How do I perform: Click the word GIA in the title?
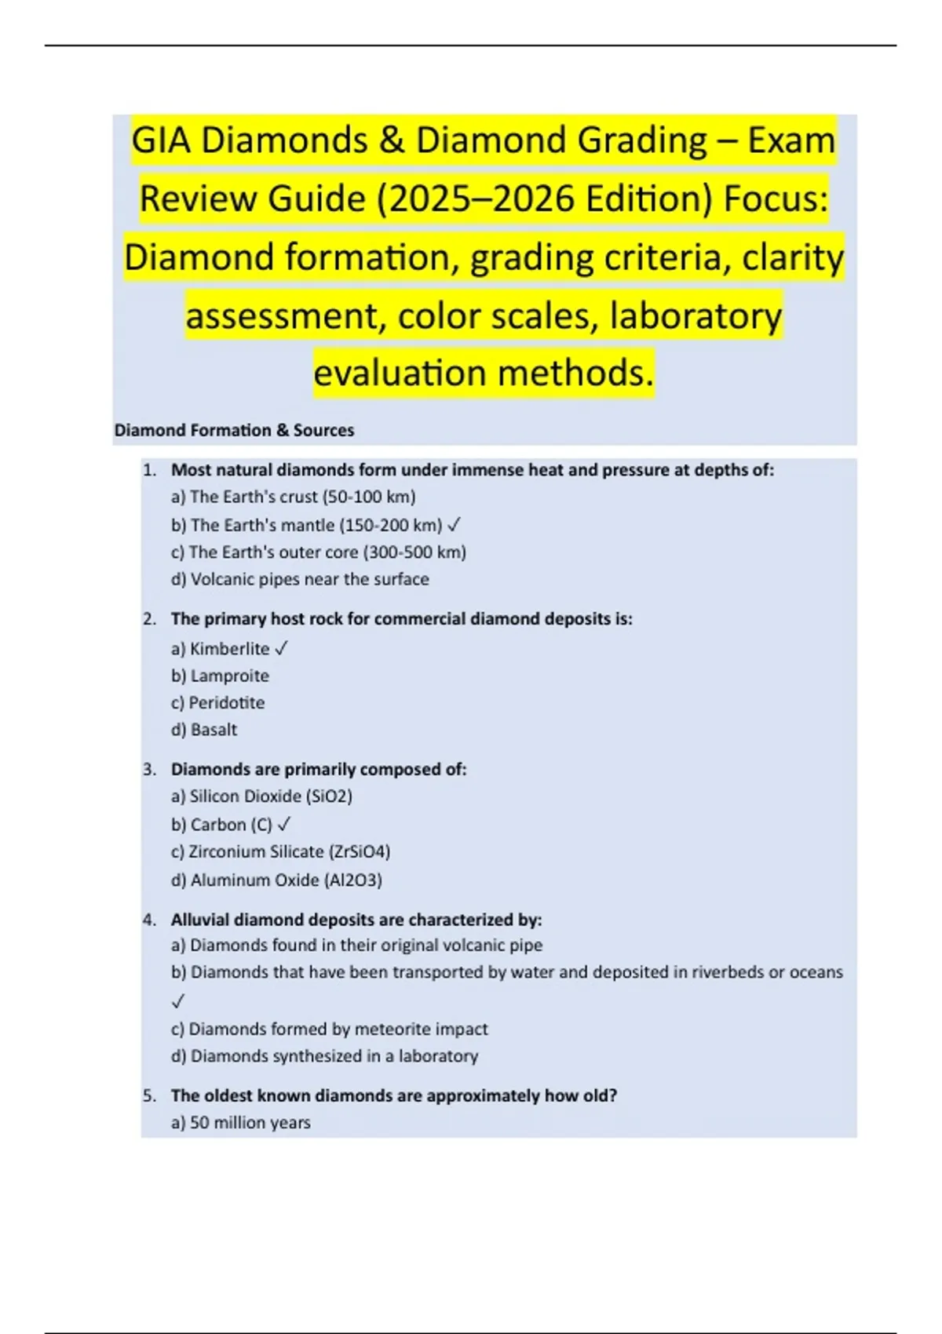pos(161,141)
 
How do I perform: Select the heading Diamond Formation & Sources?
pos(234,430)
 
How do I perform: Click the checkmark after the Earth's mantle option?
pos(454,525)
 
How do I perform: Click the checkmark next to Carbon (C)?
pos(284,825)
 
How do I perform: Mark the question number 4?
pos(149,920)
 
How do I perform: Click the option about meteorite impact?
pos(330,1029)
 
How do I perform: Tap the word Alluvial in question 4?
pos(200,920)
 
